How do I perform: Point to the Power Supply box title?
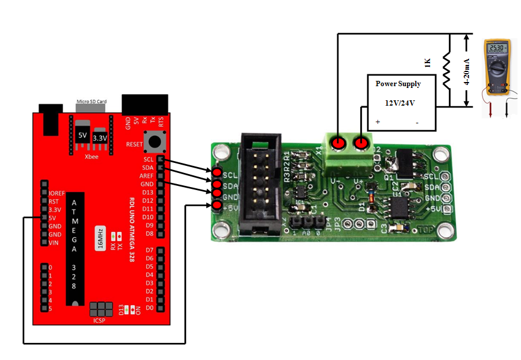click(x=398, y=84)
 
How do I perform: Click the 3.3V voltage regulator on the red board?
click(x=102, y=136)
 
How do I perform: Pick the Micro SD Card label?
click(x=91, y=101)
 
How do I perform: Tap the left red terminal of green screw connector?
click(x=337, y=143)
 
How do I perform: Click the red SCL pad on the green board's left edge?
click(x=217, y=172)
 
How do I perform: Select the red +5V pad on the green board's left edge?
click(x=217, y=205)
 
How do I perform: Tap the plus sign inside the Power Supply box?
click(x=378, y=123)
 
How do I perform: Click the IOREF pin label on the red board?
click(x=57, y=193)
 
